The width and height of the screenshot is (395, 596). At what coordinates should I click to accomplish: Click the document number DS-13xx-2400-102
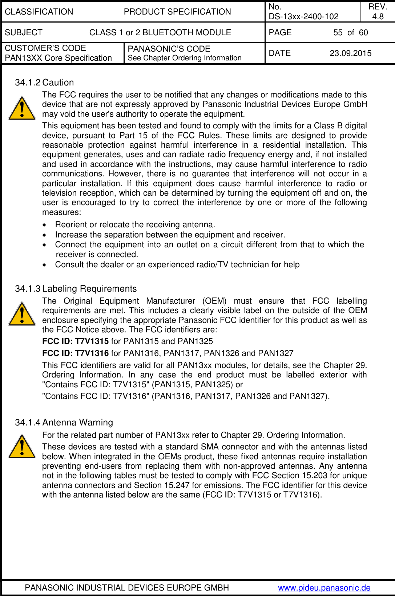[303, 16]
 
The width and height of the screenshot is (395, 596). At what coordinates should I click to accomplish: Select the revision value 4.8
[378, 16]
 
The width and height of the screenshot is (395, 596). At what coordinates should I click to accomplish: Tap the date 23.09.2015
[350, 53]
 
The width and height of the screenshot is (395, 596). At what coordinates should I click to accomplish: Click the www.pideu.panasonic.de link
[324, 588]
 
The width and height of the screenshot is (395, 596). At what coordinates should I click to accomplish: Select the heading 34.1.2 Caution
[44, 83]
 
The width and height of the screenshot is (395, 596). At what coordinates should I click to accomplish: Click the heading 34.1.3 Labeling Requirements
[76, 289]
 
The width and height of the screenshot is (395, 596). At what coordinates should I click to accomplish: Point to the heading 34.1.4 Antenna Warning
[64, 423]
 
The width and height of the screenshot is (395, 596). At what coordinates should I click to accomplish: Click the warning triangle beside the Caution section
[22, 108]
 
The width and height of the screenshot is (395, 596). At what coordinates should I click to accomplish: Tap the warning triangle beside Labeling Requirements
[22, 314]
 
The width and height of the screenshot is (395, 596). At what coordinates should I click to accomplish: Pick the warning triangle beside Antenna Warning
[22, 447]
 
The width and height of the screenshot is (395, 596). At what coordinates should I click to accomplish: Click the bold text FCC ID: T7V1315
[75, 341]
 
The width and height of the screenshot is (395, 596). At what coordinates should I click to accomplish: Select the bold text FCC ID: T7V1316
[75, 353]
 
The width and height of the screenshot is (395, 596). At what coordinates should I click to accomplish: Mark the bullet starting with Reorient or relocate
[135, 225]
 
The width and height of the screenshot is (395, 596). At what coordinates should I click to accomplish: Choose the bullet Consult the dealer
[177, 265]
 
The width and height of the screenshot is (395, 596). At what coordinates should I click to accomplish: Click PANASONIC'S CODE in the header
[169, 49]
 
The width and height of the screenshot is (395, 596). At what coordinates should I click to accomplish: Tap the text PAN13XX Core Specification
[58, 58]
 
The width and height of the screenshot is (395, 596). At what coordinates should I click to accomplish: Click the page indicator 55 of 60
[350, 33]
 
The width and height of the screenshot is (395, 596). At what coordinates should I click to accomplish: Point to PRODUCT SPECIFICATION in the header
[177, 12]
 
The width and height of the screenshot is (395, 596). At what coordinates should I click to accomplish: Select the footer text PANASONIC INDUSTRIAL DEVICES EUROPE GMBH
[127, 588]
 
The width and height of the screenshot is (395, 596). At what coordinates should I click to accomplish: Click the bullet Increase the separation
[170, 235]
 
